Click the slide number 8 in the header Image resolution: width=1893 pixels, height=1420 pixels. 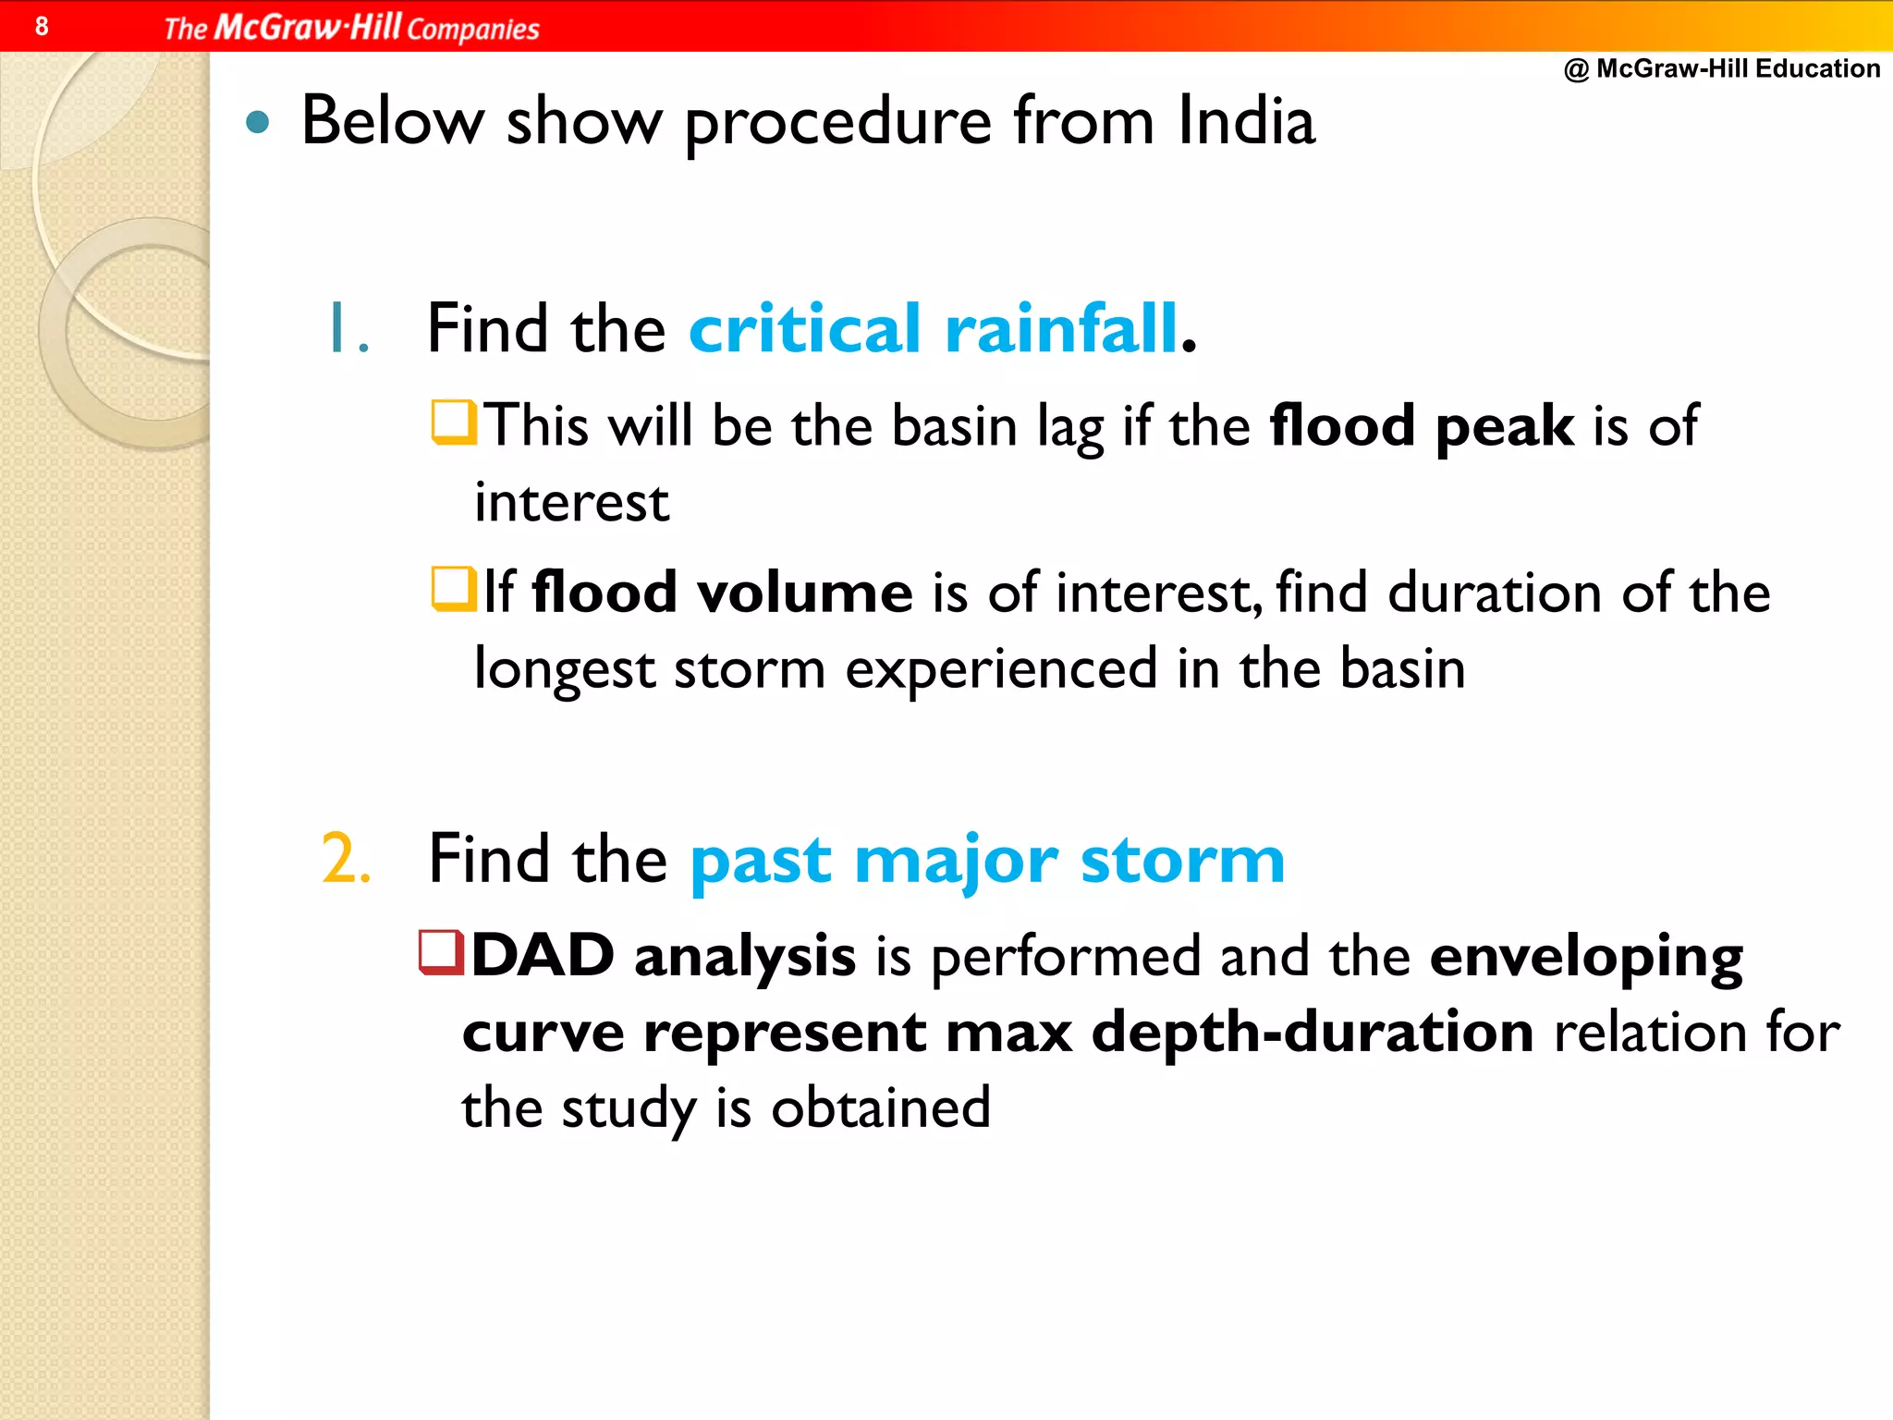[42, 26]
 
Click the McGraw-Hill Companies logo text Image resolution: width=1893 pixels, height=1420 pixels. [351, 28]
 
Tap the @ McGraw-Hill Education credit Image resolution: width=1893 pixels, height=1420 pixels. [1722, 68]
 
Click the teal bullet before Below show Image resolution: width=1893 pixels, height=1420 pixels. [258, 123]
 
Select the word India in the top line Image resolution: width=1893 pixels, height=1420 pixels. [1245, 121]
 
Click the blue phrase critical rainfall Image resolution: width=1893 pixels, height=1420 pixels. [934, 329]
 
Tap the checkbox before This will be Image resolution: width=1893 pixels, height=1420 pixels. [454, 422]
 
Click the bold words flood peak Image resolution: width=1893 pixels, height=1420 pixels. [1422, 426]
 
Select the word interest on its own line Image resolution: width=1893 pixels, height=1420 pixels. [571, 503]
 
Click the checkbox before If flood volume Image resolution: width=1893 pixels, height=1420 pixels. [454, 590]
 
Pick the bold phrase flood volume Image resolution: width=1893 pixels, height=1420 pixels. [723, 593]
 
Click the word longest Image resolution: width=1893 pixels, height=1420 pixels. [564, 669]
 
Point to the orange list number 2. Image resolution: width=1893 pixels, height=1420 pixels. [347, 859]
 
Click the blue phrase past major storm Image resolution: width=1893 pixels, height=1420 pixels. [987, 861]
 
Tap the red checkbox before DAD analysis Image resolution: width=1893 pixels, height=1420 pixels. [441, 953]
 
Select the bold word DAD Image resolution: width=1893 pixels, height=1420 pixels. [543, 956]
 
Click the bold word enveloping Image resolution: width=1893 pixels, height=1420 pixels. [1586, 958]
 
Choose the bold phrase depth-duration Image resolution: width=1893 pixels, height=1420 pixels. [1313, 1033]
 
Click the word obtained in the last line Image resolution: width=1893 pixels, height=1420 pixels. [880, 1108]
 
